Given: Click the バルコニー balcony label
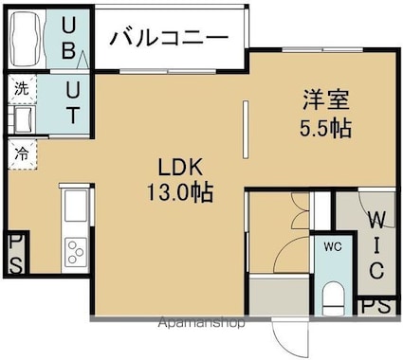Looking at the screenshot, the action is coord(169,38).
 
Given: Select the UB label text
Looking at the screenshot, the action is coord(68,38).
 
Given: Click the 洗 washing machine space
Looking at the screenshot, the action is coord(22,89).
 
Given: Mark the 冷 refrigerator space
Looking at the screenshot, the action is coord(22,154).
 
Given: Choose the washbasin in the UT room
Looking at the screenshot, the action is coord(22,119).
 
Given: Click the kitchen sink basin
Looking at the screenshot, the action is coord(76,206).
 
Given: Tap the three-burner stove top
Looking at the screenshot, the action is coord(76,252).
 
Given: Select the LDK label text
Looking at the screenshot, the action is coord(180,168).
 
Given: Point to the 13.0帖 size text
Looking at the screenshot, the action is coord(180,192).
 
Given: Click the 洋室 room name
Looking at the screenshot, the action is coord(326,100).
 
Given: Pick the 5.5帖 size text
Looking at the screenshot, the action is coord(325,128).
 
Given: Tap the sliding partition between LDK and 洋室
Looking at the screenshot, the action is coord(246,129).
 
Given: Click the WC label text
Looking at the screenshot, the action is coord(333,246).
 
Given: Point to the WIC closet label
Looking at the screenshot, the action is coord(376,245).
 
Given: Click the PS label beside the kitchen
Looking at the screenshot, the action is coord(15,255).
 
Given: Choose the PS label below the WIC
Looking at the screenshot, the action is coord(376,306).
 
